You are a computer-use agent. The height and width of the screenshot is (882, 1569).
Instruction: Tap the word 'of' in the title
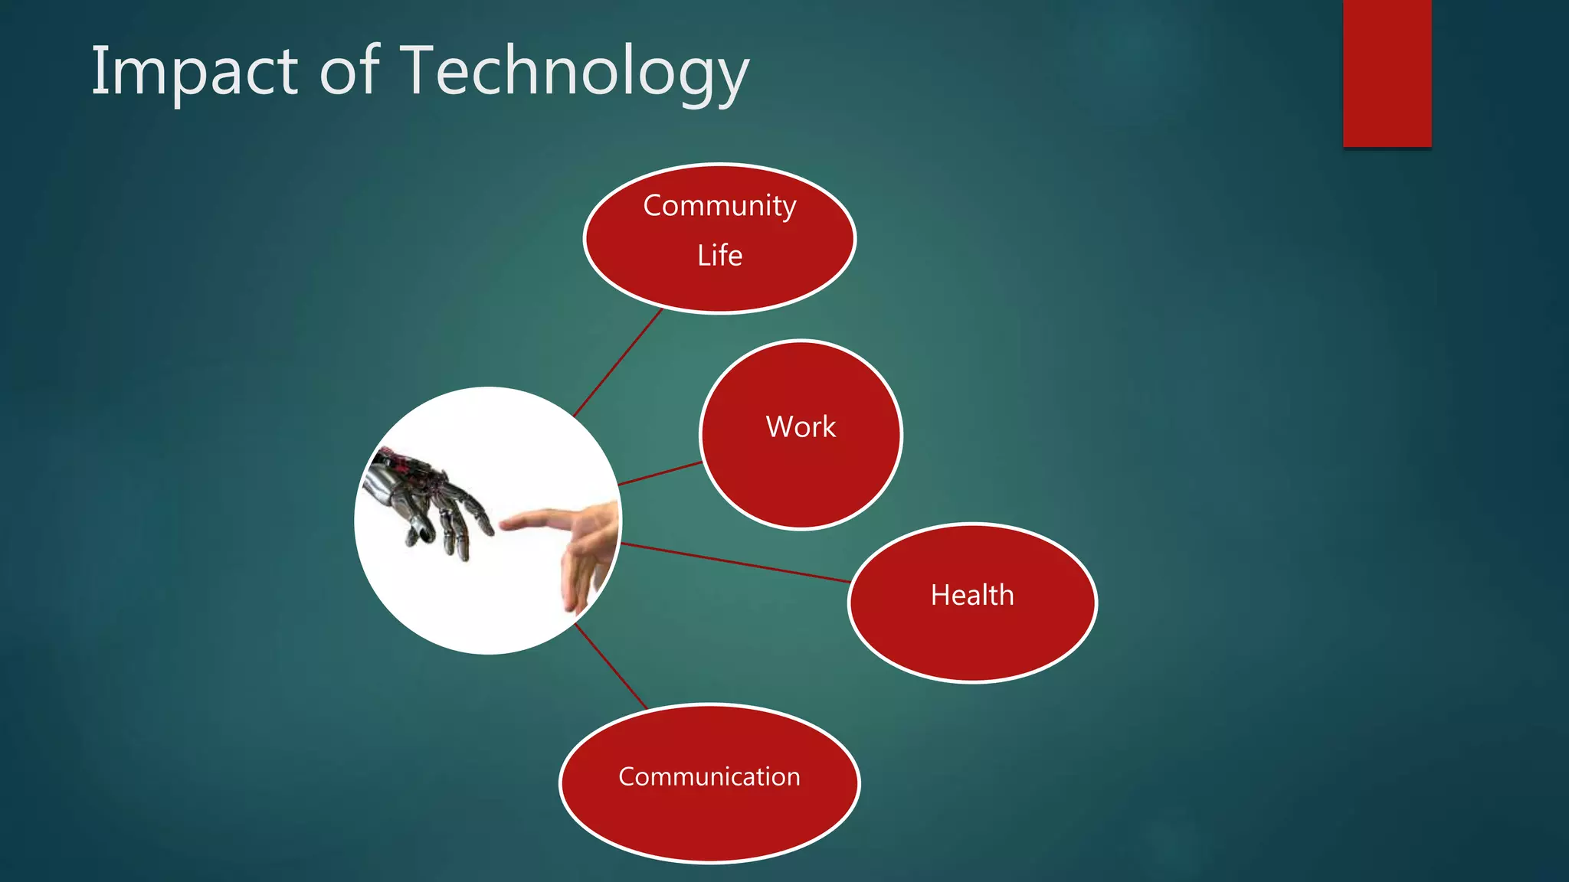pyautogui.click(x=349, y=70)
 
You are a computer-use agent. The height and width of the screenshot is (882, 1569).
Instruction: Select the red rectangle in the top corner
pyautogui.click(x=1387, y=73)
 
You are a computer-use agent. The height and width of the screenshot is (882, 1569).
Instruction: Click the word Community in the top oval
pyautogui.click(x=719, y=205)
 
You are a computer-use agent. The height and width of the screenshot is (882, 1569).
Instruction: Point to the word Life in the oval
pyautogui.click(x=719, y=255)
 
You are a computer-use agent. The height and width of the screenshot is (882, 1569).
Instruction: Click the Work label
pyautogui.click(x=801, y=426)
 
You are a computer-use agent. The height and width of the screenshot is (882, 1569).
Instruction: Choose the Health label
pyautogui.click(x=972, y=595)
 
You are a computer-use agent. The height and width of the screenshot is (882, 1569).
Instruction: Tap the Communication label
pyautogui.click(x=709, y=776)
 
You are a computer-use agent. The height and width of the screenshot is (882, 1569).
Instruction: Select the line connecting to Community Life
pyautogui.click(x=617, y=363)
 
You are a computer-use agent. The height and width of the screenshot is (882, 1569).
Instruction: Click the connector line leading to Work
pyautogui.click(x=660, y=473)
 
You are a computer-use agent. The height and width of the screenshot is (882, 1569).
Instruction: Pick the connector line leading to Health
pyautogui.click(x=735, y=563)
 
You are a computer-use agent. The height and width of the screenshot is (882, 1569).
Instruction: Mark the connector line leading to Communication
pyautogui.click(x=611, y=666)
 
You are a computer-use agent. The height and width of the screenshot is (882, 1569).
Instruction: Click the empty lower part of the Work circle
pyautogui.click(x=801, y=490)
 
